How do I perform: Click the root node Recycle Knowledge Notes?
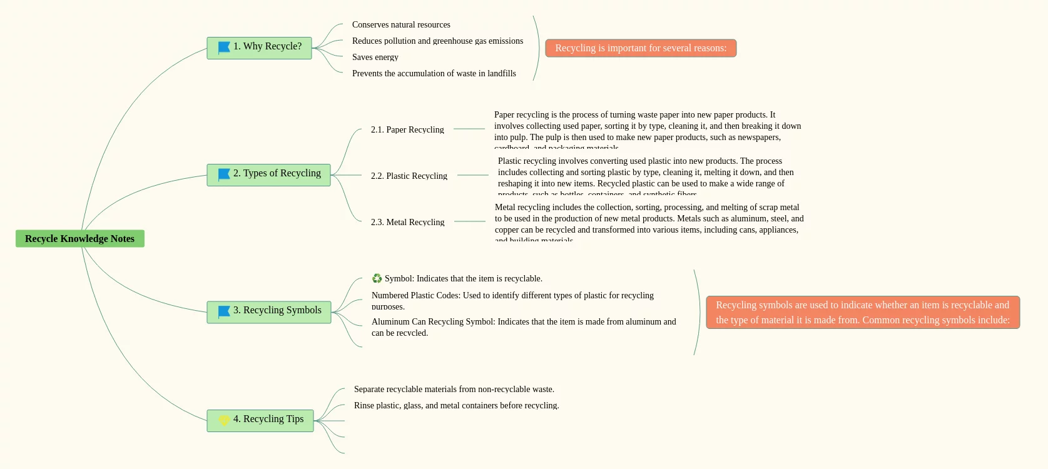[x=79, y=238]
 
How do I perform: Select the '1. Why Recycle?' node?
[x=259, y=48]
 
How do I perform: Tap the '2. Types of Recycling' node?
[x=268, y=174]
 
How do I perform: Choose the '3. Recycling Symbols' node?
[x=269, y=311]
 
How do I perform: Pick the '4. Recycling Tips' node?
[x=260, y=420]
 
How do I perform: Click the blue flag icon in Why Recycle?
[x=224, y=48]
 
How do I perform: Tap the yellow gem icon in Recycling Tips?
[x=224, y=420]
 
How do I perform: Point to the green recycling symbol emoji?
[x=377, y=278]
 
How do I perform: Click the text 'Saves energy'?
[x=375, y=57]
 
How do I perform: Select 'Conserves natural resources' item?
[x=401, y=24]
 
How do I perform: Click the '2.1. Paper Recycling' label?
[x=407, y=129]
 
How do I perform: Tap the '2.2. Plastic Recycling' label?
[x=409, y=176]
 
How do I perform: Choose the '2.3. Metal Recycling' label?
[x=407, y=222]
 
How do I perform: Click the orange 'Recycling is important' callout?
[x=641, y=48]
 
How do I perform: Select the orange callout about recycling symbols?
[x=863, y=312]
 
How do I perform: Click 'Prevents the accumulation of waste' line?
[x=434, y=73]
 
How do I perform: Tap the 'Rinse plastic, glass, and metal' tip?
[x=456, y=405]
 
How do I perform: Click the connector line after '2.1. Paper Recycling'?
[x=469, y=129]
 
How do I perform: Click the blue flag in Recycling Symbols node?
[x=224, y=311]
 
